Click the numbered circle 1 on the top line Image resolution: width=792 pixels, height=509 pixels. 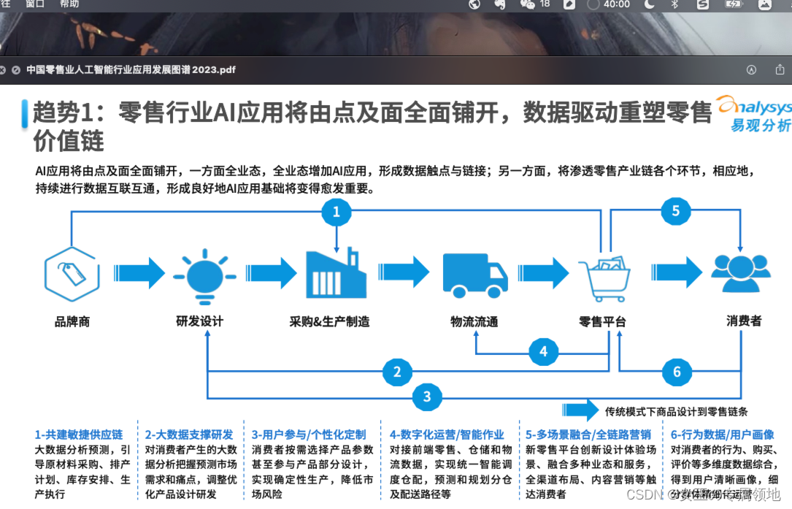(337, 212)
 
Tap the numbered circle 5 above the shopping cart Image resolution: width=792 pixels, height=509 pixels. (675, 212)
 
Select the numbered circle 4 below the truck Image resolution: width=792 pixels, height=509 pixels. (543, 352)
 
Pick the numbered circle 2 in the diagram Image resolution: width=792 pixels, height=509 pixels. (397, 372)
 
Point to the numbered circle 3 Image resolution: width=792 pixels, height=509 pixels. (427, 397)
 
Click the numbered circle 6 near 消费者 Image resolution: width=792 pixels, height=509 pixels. (677, 372)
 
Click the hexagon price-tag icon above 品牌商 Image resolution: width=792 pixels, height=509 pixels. (72, 274)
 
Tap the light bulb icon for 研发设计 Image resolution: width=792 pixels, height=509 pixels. (204, 275)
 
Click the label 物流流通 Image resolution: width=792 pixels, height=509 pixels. (474, 321)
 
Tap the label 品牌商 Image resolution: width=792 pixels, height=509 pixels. (72, 321)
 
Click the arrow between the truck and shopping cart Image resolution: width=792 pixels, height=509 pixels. (542, 273)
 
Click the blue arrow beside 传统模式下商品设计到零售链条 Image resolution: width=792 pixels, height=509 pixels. (580, 410)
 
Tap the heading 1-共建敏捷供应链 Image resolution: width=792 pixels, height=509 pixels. (78, 435)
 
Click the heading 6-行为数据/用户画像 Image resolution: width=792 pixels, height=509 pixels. (722, 435)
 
